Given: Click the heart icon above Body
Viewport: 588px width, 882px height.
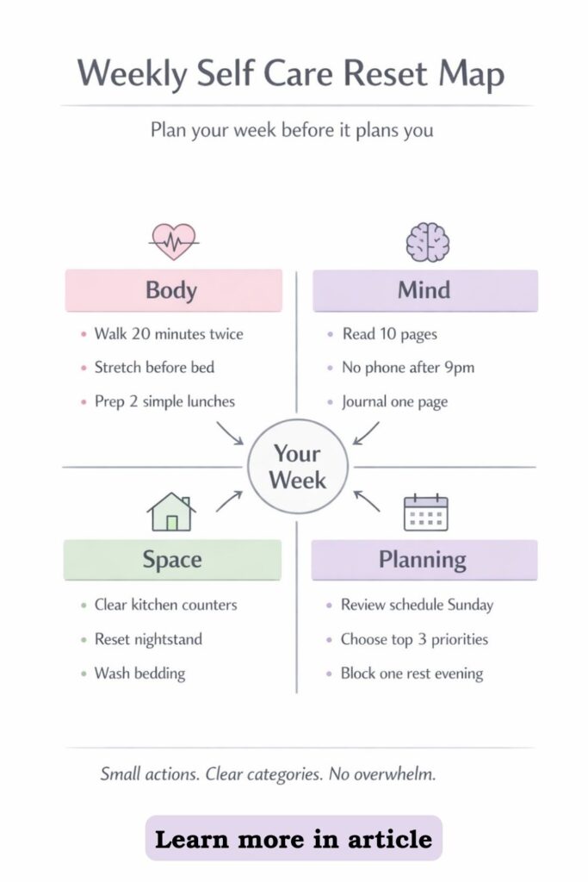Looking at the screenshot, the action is (174, 242).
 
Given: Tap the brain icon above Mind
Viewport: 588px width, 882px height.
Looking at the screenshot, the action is (428, 242).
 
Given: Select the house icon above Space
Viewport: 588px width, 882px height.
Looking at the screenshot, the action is (171, 512).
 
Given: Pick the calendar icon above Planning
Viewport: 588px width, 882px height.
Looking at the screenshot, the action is (426, 512).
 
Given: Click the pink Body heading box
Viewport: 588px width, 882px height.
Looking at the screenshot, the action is (173, 290).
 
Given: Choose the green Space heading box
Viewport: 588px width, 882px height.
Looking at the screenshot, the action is (172, 560).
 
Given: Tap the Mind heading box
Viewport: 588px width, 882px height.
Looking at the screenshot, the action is (425, 290).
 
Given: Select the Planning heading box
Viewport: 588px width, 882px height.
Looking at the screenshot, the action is (424, 560).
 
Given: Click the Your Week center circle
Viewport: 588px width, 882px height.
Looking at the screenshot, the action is (297, 467).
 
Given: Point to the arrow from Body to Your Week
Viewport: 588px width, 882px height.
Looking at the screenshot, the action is (230, 433).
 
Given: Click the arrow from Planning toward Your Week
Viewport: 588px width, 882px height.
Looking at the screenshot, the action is (367, 500).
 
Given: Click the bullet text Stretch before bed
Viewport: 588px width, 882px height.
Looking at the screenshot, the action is (154, 367).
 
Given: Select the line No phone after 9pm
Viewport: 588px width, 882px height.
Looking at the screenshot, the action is (408, 368).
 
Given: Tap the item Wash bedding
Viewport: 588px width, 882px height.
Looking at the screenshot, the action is (139, 674).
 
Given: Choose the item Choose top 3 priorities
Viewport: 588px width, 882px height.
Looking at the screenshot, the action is (414, 640).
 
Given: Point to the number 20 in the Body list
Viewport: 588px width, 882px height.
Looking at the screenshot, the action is (141, 333).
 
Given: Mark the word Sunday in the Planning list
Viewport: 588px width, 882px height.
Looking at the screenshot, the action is (471, 606).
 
